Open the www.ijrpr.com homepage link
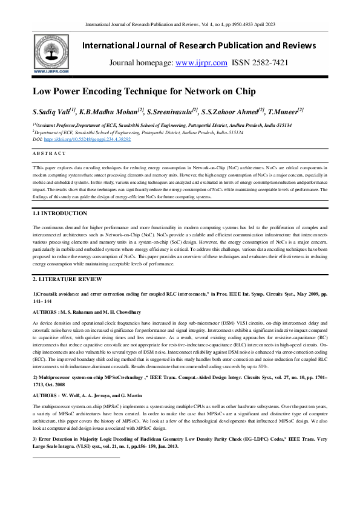click(201, 62)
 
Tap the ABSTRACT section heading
click(49, 153)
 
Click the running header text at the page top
click(180, 25)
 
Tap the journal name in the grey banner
click(198, 46)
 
